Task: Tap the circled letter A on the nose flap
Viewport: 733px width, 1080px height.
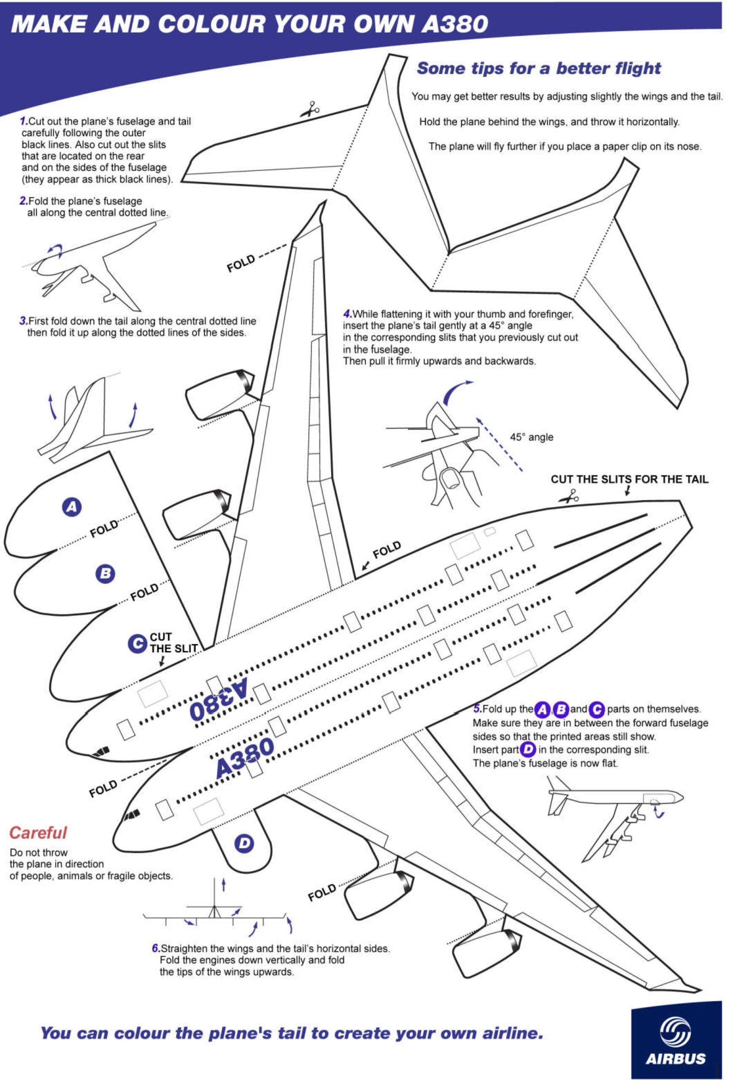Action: (x=72, y=507)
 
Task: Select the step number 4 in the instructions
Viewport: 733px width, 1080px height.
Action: (x=347, y=314)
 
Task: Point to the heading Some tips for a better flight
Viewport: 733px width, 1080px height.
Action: (x=538, y=68)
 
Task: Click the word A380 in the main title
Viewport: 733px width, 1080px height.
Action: (x=454, y=24)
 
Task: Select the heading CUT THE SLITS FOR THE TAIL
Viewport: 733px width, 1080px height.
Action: (x=629, y=479)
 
